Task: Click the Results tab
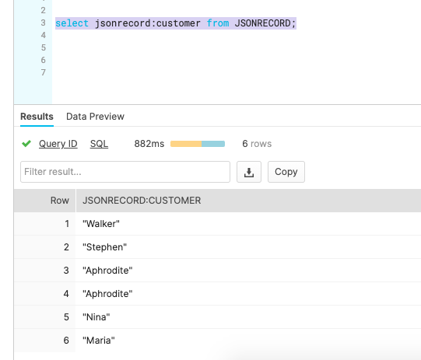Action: pos(37,117)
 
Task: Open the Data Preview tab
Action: pos(95,117)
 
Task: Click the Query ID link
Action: pos(58,144)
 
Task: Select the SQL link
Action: pos(99,144)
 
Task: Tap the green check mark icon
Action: pos(26,144)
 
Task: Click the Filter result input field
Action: pos(125,172)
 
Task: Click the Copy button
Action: pos(286,172)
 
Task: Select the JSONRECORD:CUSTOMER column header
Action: pos(142,201)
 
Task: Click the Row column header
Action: pos(60,201)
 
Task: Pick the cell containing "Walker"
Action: pos(101,224)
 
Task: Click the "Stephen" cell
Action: pos(104,247)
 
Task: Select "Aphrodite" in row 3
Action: pos(107,271)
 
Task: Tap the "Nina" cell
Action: pos(96,317)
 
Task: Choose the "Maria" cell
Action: pos(99,341)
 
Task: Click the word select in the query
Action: pos(72,23)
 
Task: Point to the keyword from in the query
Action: pos(218,23)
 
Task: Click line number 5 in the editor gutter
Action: pos(44,47)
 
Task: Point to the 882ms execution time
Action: pos(149,144)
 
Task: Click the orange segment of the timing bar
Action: pos(186,144)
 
